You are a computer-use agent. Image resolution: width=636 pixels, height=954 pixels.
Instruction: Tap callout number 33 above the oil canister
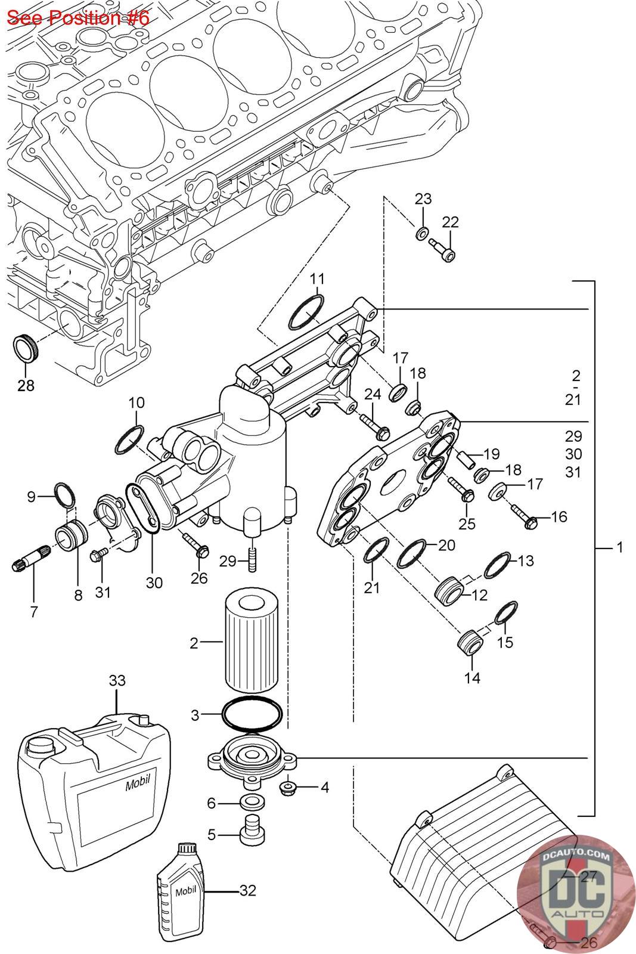coord(117,680)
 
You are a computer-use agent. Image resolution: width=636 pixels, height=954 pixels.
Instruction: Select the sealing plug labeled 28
coord(25,348)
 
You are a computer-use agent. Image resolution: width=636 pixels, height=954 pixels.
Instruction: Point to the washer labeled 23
coord(421,233)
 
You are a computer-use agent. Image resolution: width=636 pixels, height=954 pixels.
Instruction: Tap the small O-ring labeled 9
coord(65,494)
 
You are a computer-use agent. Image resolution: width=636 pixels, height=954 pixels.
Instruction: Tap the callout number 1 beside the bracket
coord(620,547)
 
